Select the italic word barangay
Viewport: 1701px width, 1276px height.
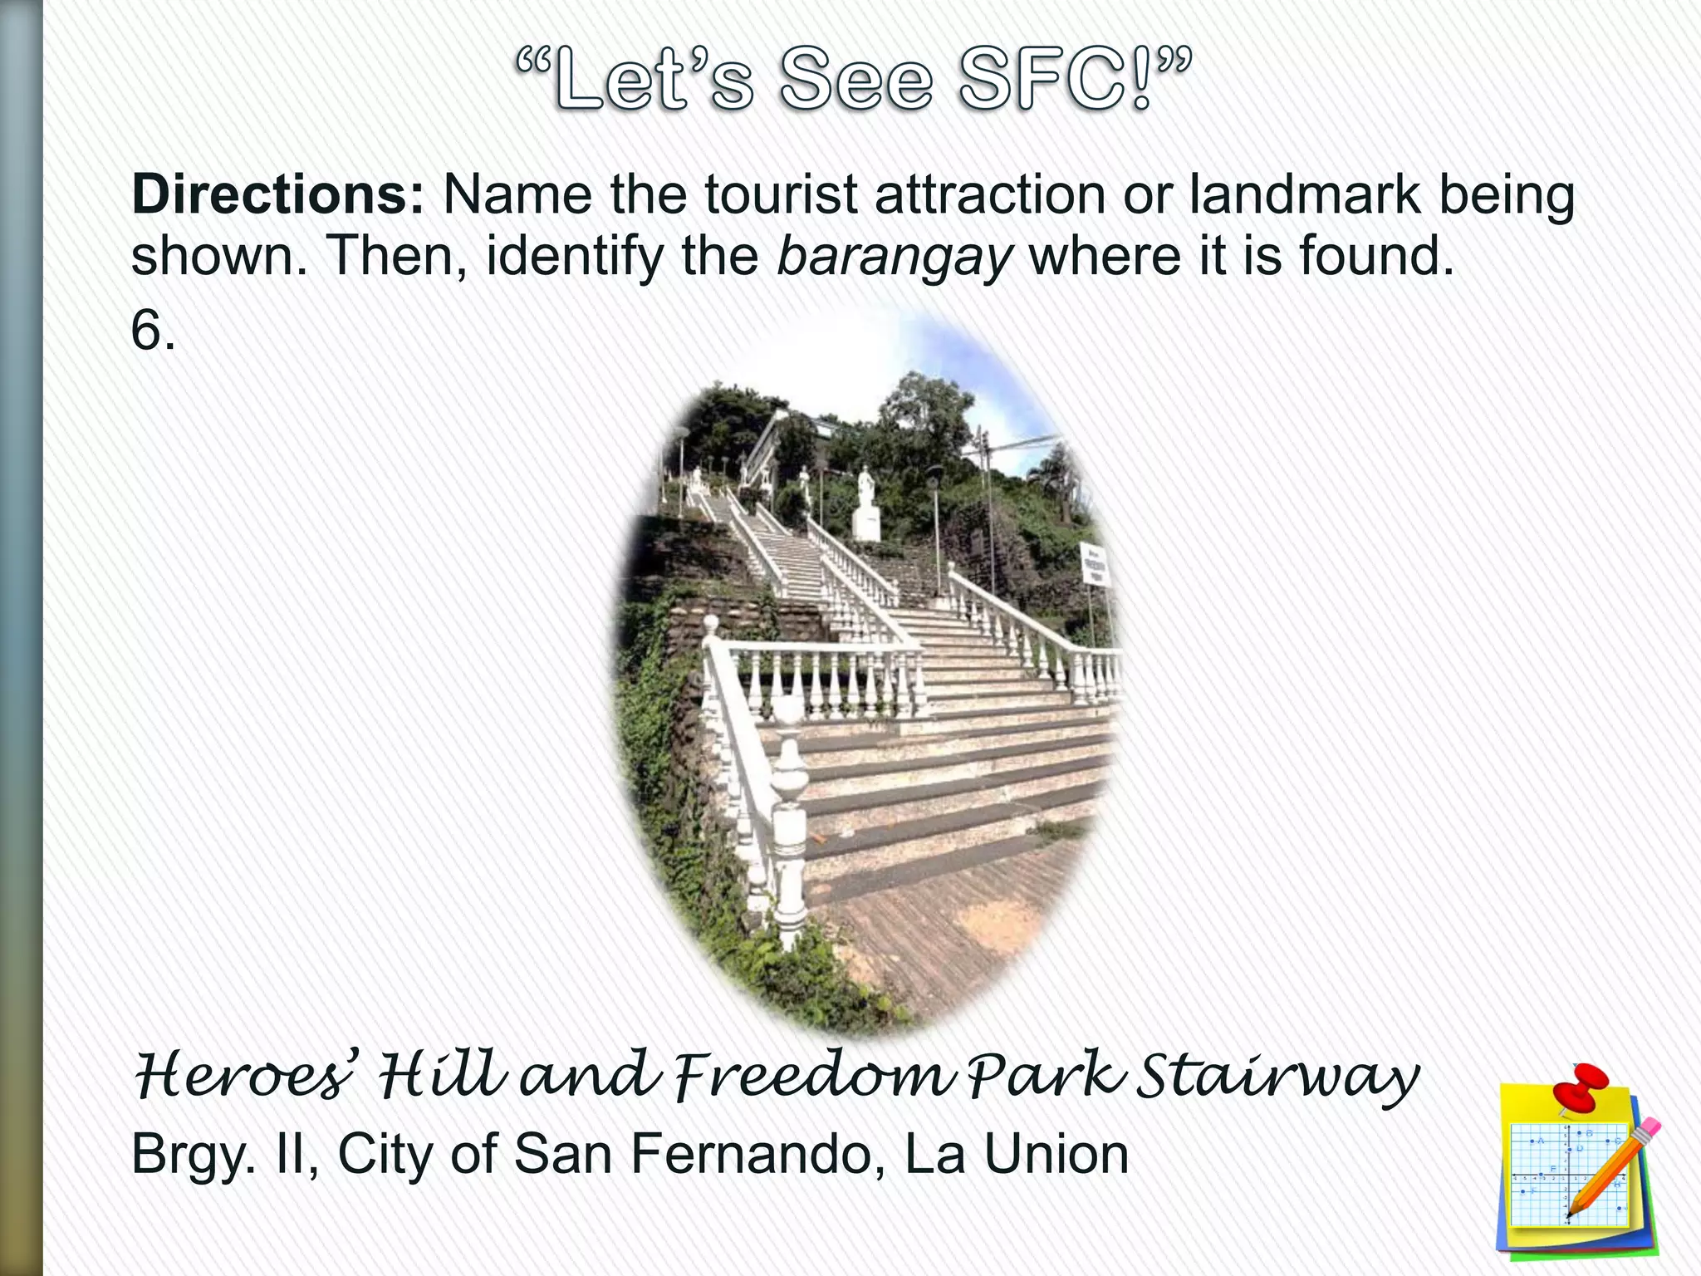pos(894,257)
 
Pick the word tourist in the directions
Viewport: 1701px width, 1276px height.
pos(781,196)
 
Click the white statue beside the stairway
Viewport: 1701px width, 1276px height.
pos(865,503)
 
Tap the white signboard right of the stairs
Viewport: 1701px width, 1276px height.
pos(1095,565)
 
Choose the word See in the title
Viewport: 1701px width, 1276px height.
pos(855,81)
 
